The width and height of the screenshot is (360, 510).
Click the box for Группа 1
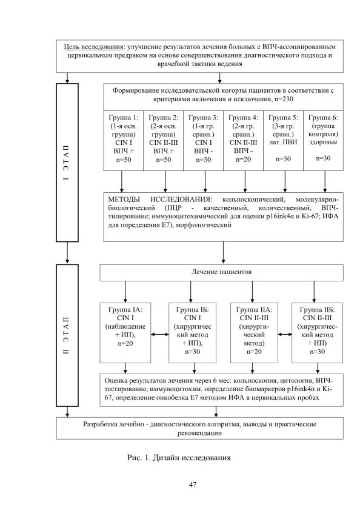pyautogui.click(x=124, y=141)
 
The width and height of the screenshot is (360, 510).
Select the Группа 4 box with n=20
pyautogui.click(x=243, y=141)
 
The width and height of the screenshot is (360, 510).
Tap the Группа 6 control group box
pyautogui.click(x=323, y=141)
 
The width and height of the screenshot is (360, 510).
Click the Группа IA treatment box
pyautogui.click(x=125, y=333)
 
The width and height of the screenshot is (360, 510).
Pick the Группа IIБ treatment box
pyautogui.click(x=318, y=333)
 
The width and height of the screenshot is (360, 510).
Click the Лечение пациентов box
pyautogui.click(x=221, y=272)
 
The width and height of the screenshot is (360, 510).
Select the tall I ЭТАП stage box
pyautogui.click(x=67, y=163)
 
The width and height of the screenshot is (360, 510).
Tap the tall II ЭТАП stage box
pyautogui.click(x=67, y=335)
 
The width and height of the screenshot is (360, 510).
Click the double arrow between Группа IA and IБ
pyautogui.click(x=159, y=334)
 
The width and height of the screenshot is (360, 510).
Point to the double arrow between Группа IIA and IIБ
pyautogui.click(x=285, y=334)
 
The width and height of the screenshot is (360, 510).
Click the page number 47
pyautogui.click(x=193, y=485)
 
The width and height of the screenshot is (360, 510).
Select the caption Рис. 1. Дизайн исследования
pyautogui.click(x=179, y=458)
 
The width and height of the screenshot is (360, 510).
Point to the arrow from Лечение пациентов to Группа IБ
pyautogui.click(x=190, y=292)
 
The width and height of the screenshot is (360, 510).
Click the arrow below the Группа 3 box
pyautogui.click(x=205, y=181)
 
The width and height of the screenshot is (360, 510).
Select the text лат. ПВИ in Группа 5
pyautogui.click(x=283, y=142)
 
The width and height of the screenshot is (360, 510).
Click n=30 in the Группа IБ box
pyautogui.click(x=193, y=352)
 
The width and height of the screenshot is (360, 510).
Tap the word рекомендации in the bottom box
pyautogui.click(x=199, y=433)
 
